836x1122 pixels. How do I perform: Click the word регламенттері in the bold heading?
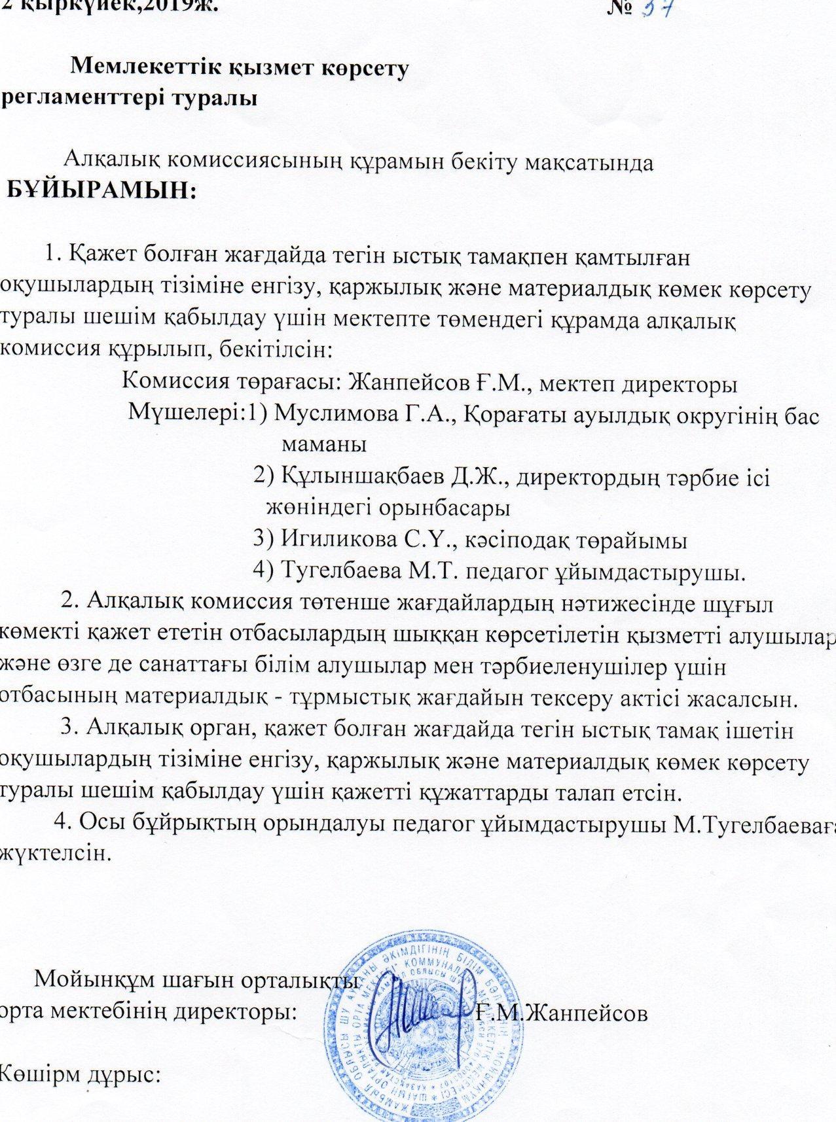click(x=79, y=99)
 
